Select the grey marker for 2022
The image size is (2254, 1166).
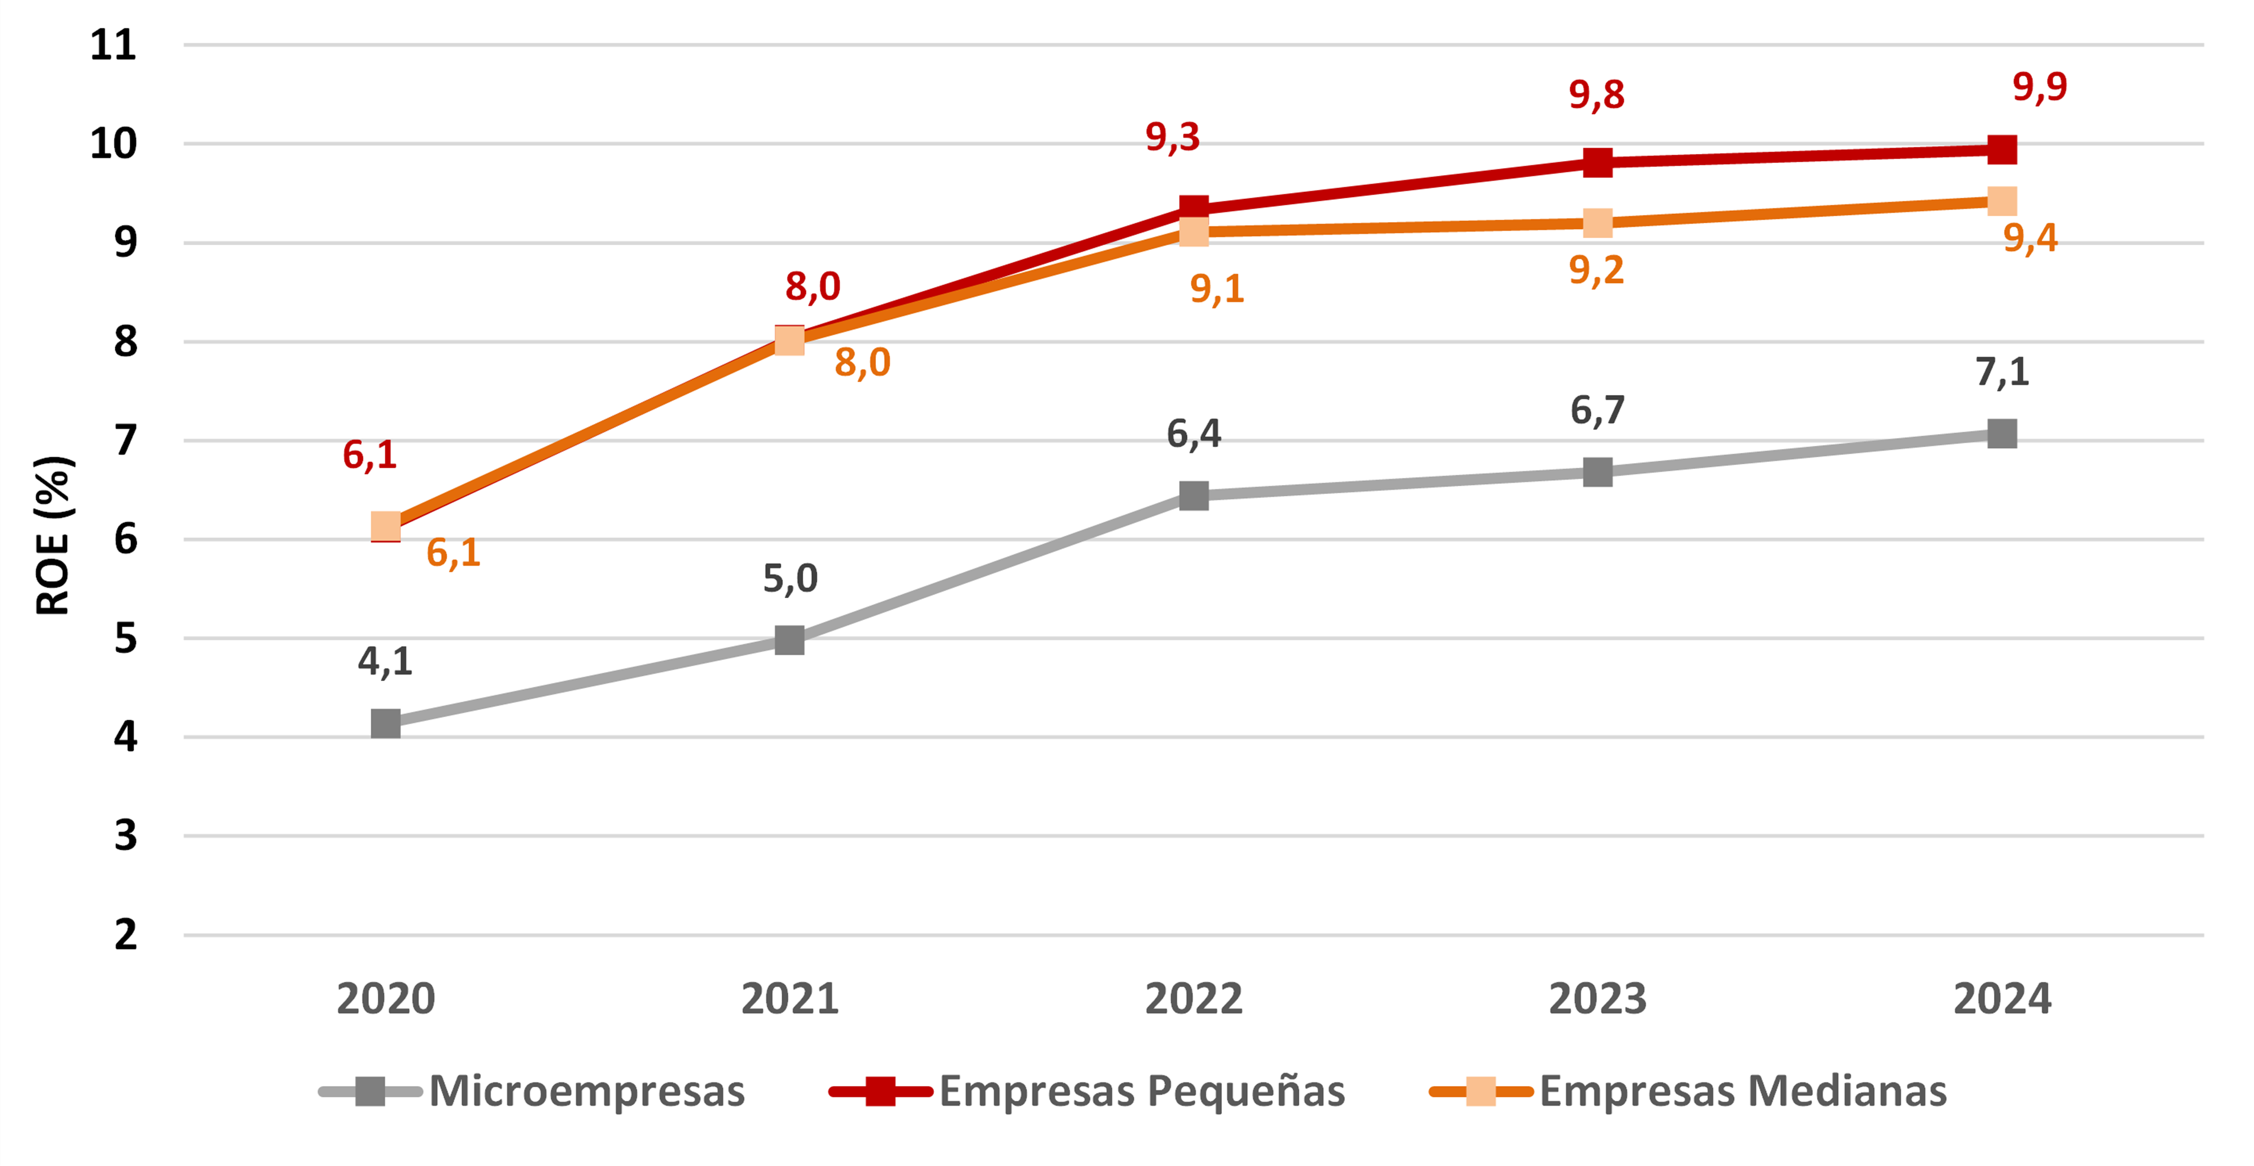click(1193, 496)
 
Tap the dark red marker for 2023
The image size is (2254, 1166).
click(1598, 162)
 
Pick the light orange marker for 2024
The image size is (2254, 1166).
click(2002, 201)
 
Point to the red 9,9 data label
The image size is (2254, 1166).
click(2039, 86)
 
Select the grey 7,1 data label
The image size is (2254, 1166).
click(2002, 372)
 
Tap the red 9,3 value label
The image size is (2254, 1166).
click(1173, 136)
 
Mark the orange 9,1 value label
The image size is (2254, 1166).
click(1216, 288)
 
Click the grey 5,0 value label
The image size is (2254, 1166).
click(790, 578)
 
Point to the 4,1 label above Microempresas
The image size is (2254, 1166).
click(385, 661)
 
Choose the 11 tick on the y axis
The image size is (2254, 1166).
click(114, 44)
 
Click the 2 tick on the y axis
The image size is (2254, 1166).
click(125, 935)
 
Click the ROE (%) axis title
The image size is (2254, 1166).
click(53, 535)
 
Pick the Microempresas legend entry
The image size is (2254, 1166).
click(586, 1091)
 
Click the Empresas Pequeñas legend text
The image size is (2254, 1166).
click(1142, 1091)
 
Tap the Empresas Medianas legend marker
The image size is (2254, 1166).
click(1481, 1091)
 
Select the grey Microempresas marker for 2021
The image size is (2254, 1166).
click(789, 640)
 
